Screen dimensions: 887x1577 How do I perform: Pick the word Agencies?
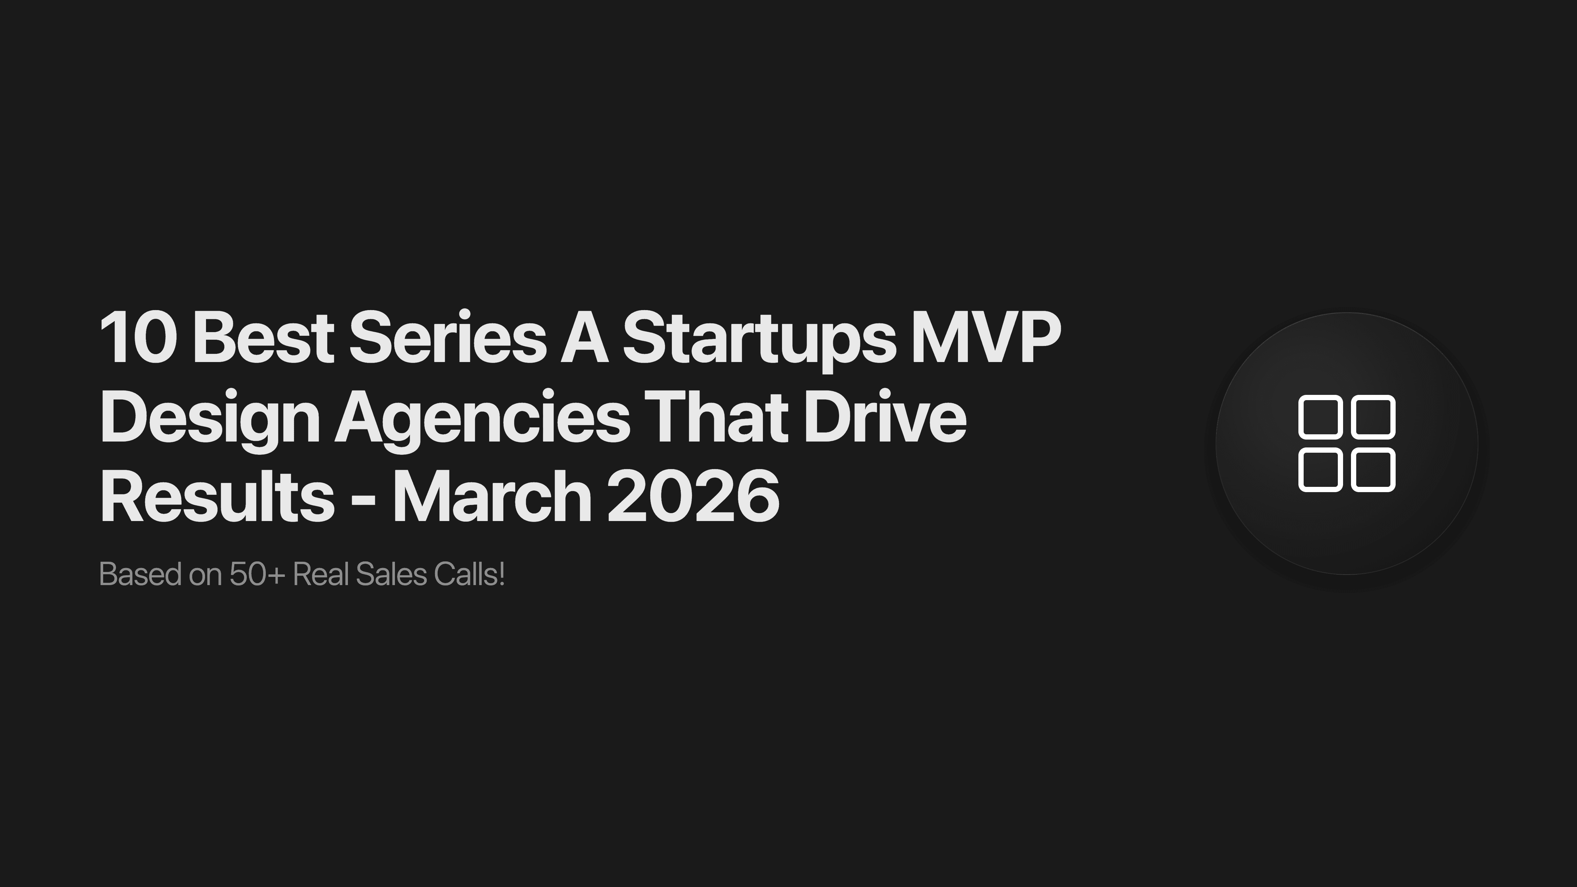coord(482,419)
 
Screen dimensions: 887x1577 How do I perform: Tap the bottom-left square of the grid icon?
coord(1320,469)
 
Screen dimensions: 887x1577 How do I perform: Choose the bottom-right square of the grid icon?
coord(1374,469)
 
